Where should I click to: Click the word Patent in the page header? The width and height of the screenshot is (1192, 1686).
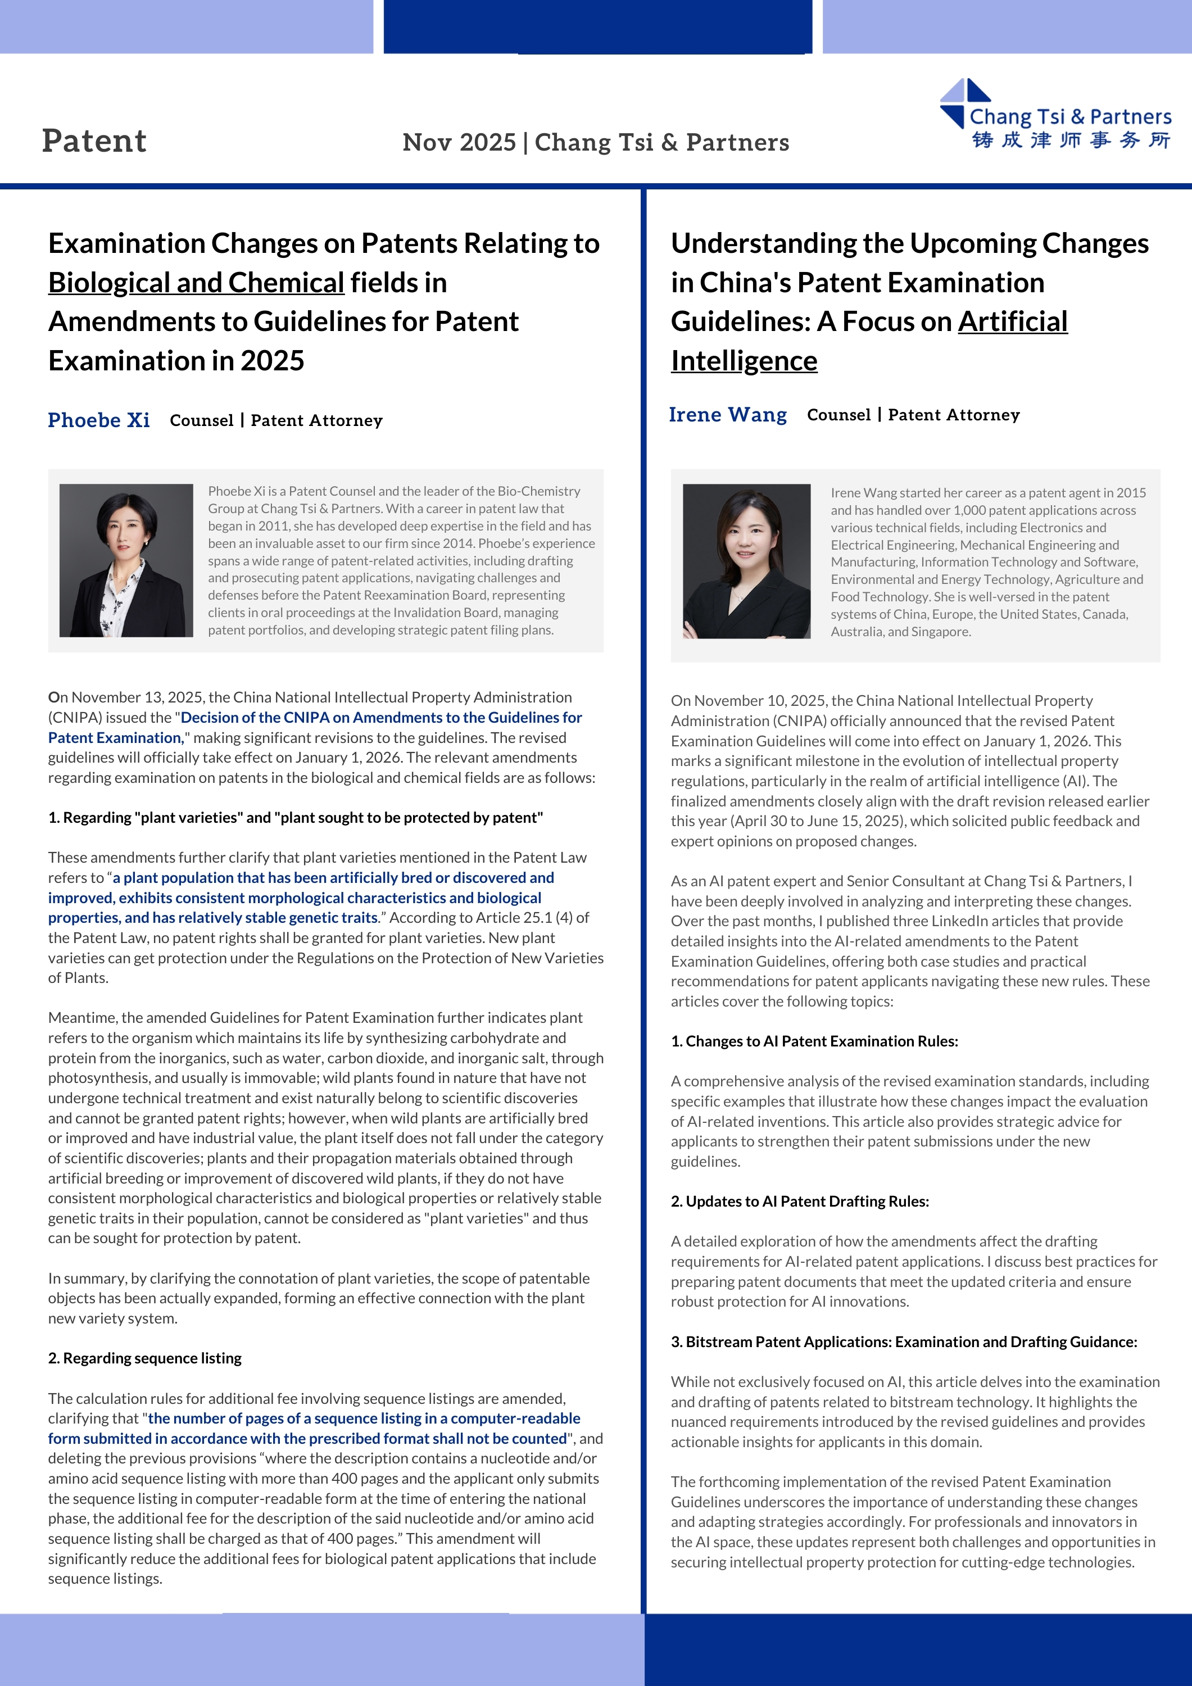[x=94, y=141]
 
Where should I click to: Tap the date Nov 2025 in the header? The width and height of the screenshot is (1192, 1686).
[x=459, y=142]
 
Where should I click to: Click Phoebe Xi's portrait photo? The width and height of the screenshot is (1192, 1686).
[x=126, y=560]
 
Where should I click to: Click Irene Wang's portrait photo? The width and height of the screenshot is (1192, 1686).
[x=746, y=561]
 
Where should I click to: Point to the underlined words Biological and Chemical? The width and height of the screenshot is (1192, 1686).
[x=196, y=283]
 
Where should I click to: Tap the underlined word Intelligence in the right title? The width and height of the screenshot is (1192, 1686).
[x=744, y=361]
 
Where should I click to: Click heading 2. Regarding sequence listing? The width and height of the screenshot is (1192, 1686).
[x=144, y=1358]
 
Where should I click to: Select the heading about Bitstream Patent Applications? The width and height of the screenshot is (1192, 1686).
[x=903, y=1341]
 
